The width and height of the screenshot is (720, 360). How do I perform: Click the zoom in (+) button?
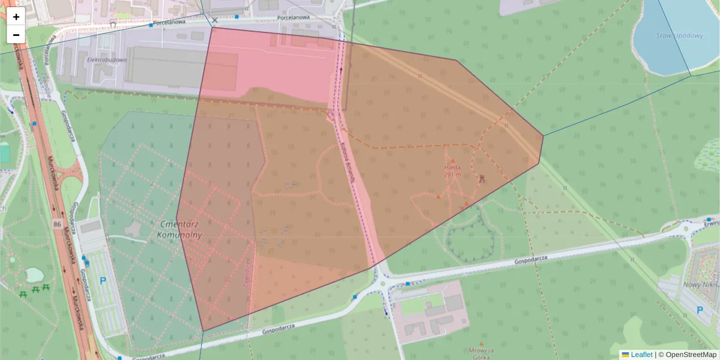[16, 17]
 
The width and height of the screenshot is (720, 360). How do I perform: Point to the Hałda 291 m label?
[452, 171]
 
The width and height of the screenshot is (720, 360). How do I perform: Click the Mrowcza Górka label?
[482, 353]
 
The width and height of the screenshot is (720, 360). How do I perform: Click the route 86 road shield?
[57, 224]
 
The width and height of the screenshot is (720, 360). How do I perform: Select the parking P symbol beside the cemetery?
[102, 280]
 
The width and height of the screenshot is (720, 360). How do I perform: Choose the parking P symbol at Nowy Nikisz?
[699, 310]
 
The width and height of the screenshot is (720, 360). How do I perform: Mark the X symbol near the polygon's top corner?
[214, 20]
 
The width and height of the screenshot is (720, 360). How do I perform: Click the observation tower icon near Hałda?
[481, 178]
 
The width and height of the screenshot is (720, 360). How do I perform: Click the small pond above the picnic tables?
[34, 275]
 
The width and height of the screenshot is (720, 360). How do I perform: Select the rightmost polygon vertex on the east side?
[543, 136]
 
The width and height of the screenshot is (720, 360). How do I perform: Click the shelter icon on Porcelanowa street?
[113, 25]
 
